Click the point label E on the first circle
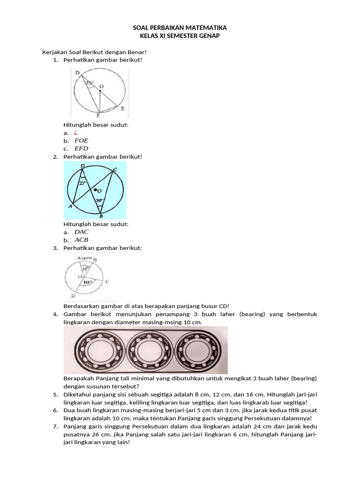(x=122, y=109)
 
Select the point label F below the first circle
(x=98, y=115)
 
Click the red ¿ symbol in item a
(x=76, y=133)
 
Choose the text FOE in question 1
(x=81, y=141)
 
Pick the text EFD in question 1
(x=81, y=149)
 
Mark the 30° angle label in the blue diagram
(x=99, y=200)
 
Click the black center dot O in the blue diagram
(x=95, y=190)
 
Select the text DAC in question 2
(x=82, y=232)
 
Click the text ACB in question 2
(x=82, y=240)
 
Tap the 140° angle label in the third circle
(x=87, y=282)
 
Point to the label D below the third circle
(x=73, y=297)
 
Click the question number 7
(x=55, y=426)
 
